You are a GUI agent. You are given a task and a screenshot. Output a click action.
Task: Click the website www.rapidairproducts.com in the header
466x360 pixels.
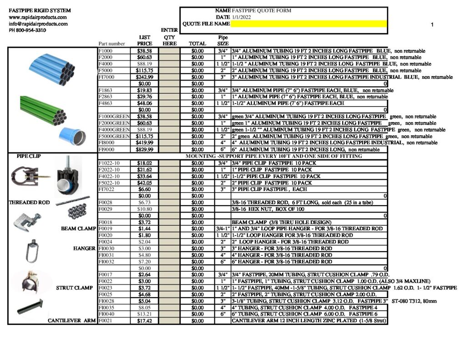[x=38, y=17]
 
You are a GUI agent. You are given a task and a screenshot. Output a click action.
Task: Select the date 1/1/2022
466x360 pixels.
[x=241, y=17]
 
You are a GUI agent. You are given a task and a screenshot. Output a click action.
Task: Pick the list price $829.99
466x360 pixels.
[x=145, y=149]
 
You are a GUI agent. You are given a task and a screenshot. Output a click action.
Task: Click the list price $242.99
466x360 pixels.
[x=145, y=77]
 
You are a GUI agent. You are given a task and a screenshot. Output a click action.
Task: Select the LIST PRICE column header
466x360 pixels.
[x=145, y=41]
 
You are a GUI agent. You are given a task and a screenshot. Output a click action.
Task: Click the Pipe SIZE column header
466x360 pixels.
[x=223, y=41]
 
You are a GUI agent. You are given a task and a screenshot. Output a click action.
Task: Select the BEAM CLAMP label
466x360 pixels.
[x=79, y=228]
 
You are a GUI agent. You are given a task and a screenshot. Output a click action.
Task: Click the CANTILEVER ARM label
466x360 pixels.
[x=72, y=321]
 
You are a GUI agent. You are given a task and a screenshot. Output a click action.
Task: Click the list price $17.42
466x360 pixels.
[x=145, y=321]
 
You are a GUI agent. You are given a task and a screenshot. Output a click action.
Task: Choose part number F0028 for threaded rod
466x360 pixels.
[x=105, y=202]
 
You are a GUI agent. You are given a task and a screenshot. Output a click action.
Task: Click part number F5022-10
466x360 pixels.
[x=109, y=183]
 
